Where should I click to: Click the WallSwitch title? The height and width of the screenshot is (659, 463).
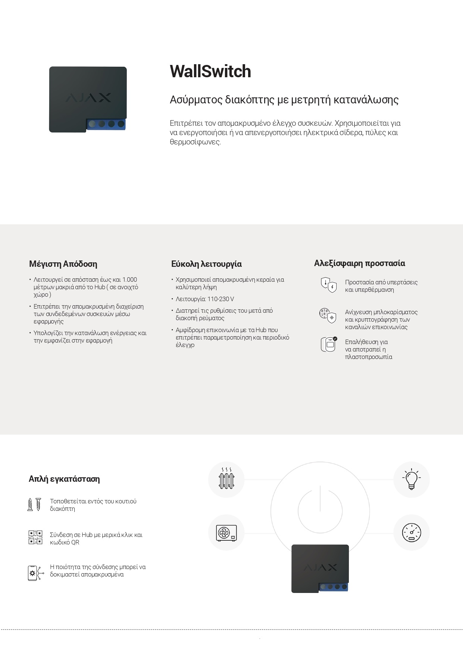[210, 71]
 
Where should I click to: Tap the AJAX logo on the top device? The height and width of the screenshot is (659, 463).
[88, 98]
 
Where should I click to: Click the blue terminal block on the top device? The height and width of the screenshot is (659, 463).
[106, 124]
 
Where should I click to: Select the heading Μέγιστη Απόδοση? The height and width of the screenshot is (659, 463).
[63, 264]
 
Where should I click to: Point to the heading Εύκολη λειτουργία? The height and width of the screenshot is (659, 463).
[206, 264]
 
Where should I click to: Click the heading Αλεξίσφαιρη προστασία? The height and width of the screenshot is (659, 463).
[359, 263]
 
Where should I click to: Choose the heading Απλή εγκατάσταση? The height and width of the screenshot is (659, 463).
[64, 479]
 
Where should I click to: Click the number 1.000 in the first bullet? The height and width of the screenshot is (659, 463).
[129, 279]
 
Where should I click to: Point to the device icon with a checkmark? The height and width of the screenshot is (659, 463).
[329, 344]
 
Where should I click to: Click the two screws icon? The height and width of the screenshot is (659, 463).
[34, 504]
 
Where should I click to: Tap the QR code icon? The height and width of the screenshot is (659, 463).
[35, 537]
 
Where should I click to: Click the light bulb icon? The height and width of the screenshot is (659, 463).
[411, 480]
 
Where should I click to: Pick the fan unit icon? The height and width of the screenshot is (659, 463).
[226, 532]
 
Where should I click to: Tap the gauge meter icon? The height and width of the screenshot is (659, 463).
[411, 532]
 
